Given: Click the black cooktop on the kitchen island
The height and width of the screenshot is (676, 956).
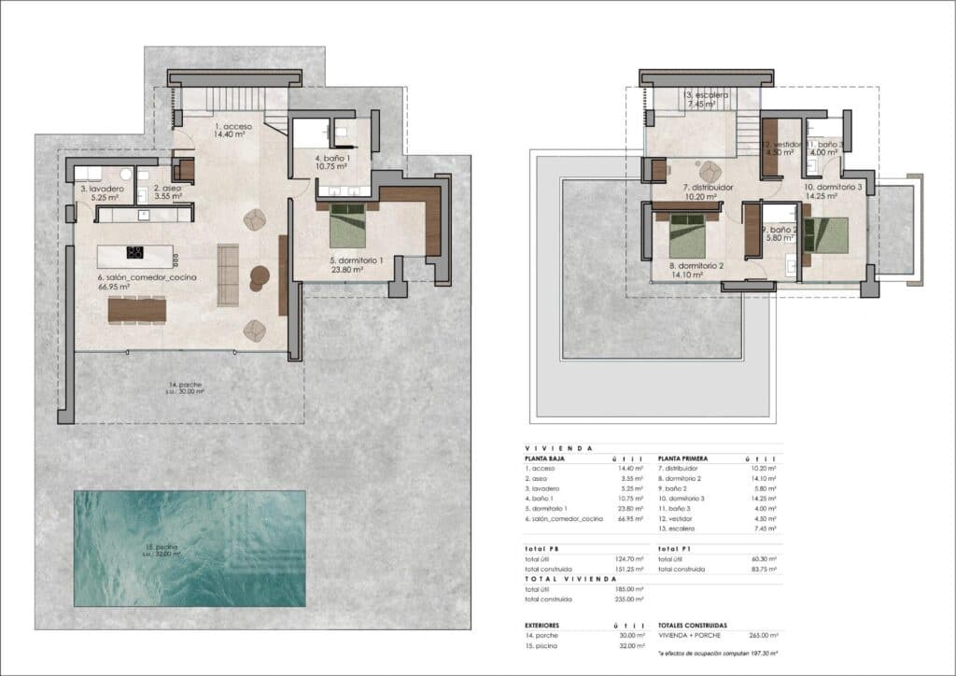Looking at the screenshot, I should pyautogui.click(x=134, y=251).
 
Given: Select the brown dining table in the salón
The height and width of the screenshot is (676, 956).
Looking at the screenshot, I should pyautogui.click(x=136, y=308).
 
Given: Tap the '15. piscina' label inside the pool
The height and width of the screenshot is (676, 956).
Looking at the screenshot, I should pyautogui.click(x=162, y=549).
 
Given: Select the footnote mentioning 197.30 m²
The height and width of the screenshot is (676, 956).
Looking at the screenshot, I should pyautogui.click(x=717, y=655).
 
